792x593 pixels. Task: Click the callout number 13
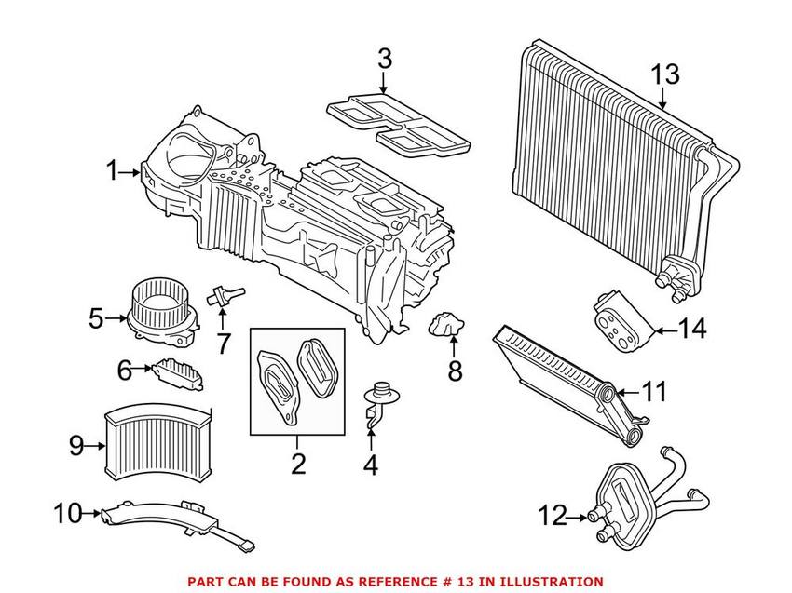pos(666,74)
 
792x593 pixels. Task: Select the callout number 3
pos(385,61)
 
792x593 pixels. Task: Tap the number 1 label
pos(114,171)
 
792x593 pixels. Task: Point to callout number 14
pos(692,329)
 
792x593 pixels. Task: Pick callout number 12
pos(553,514)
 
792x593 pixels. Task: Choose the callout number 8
pos(455,371)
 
